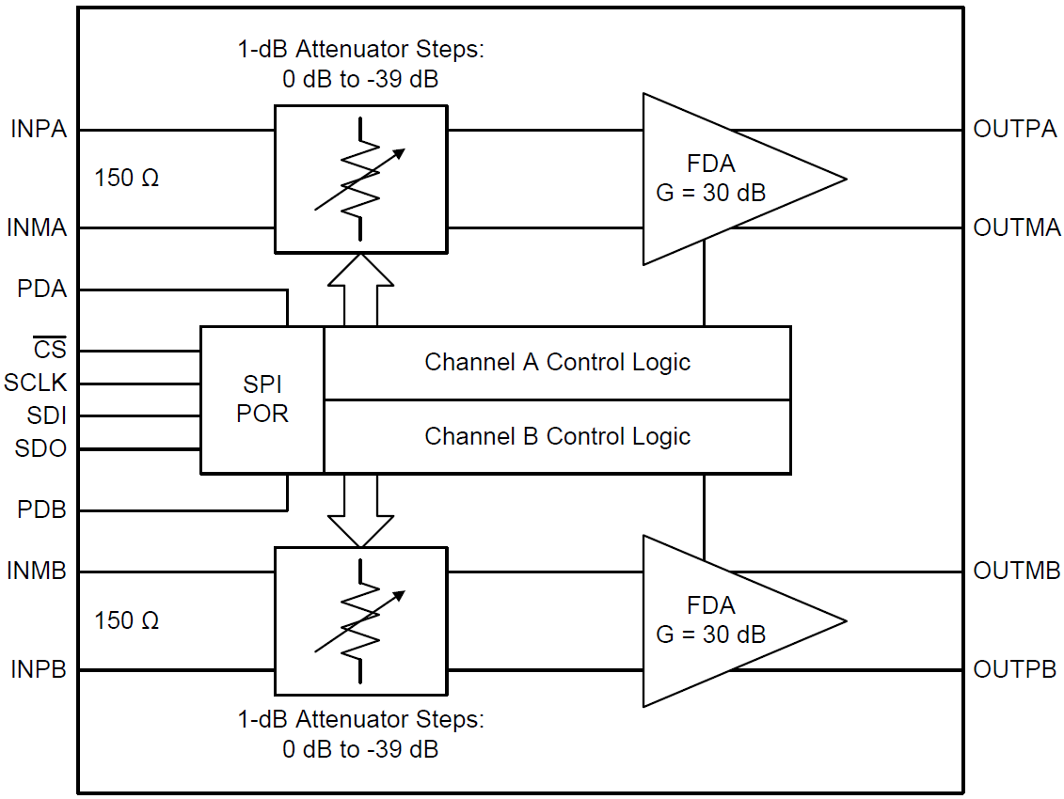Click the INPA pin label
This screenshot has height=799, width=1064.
(40, 129)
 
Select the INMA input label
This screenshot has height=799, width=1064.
(38, 227)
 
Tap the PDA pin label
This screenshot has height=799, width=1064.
(42, 290)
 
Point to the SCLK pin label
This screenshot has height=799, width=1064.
(37, 384)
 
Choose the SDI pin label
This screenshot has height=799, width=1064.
(47, 415)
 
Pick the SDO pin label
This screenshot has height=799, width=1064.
(41, 448)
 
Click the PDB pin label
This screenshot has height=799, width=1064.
(42, 510)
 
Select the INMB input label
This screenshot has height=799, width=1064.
(38, 571)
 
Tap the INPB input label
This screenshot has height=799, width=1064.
(40, 669)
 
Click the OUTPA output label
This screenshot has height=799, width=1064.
(1015, 129)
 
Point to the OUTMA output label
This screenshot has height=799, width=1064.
(1017, 227)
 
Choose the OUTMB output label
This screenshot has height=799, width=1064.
(1017, 571)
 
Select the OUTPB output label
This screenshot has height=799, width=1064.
(1015, 669)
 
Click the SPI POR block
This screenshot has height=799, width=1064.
(262, 399)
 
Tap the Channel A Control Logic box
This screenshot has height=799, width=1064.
(557, 363)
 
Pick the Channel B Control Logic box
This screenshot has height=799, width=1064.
(557, 436)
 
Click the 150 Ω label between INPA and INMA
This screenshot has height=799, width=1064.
(127, 178)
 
